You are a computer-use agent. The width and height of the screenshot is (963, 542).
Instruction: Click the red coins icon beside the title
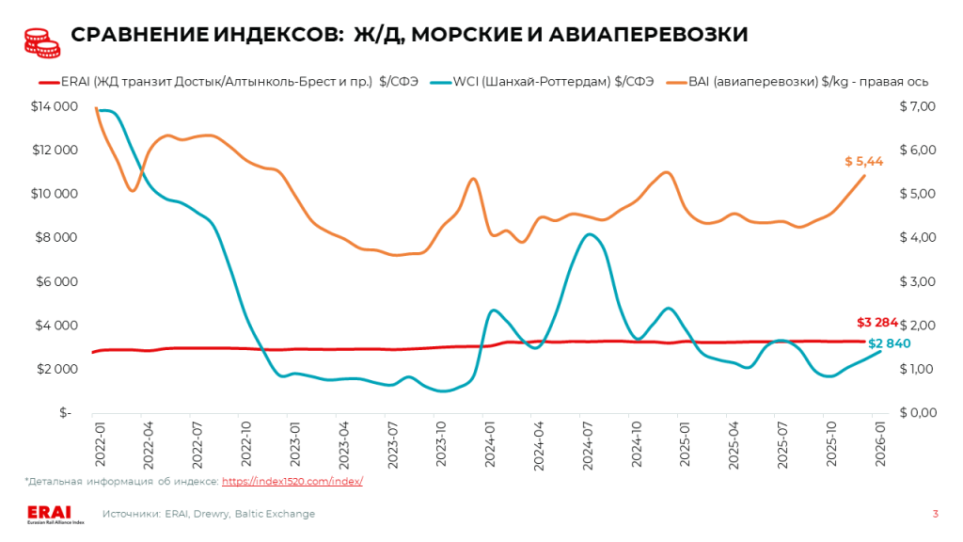[37, 38]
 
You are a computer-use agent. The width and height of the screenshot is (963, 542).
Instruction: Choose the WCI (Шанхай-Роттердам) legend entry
[540, 82]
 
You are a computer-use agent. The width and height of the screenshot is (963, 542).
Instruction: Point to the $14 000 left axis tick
[55, 106]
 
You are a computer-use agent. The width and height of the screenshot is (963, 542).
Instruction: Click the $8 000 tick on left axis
[57, 237]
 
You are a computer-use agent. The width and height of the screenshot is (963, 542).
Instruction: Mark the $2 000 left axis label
[57, 369]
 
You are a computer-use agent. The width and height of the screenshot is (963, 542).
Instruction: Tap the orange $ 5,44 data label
[863, 162]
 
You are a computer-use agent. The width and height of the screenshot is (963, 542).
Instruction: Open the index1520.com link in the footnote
[292, 481]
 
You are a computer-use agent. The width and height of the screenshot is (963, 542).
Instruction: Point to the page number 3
[935, 514]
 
